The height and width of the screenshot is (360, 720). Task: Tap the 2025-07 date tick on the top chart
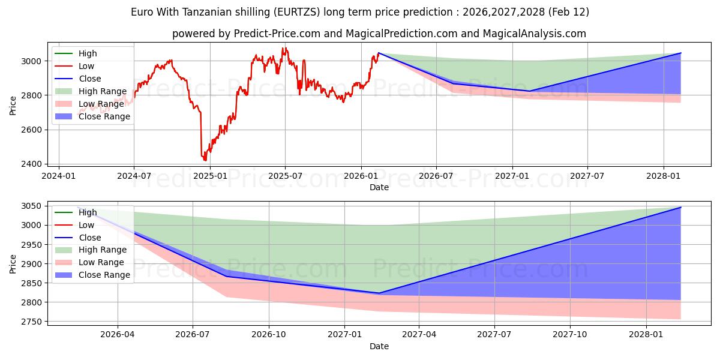[284, 176]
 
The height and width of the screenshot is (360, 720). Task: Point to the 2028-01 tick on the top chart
[664, 176]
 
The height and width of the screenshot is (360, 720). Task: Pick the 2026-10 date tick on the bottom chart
[268, 335]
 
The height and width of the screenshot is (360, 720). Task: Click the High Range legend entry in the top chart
[103, 91]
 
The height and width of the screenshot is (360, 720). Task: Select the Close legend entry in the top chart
[90, 79]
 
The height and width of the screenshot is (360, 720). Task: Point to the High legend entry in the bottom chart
[88, 212]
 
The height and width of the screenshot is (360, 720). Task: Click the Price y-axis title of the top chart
[13, 106]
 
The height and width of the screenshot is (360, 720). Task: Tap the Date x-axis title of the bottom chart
[379, 346]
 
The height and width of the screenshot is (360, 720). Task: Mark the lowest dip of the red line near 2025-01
[205, 160]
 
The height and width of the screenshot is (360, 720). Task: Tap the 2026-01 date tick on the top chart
[361, 176]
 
